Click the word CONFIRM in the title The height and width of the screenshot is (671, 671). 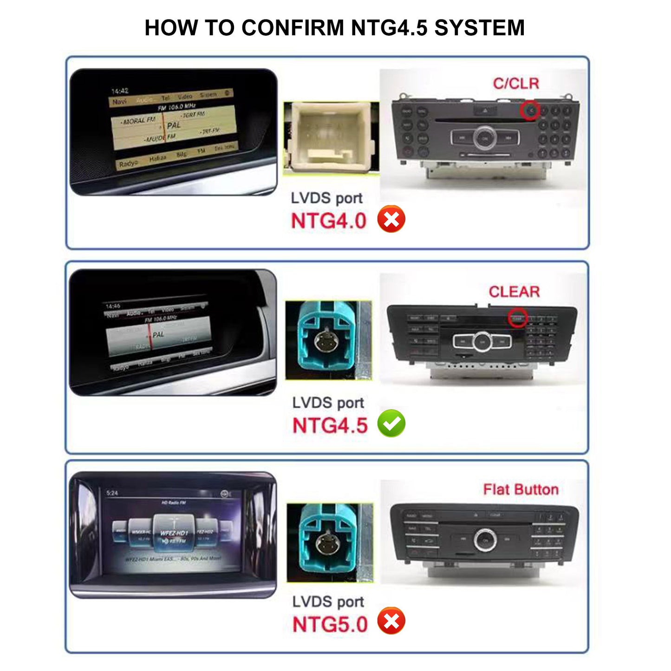(292, 28)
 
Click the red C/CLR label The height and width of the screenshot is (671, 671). (516, 84)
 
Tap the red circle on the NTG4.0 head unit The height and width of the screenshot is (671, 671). (530, 111)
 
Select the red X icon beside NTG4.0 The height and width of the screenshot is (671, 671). (391, 219)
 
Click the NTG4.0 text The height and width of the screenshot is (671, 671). (328, 221)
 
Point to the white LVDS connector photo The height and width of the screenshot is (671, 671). (331, 138)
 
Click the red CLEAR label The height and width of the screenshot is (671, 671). (514, 292)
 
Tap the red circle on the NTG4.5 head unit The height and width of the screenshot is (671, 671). (517, 318)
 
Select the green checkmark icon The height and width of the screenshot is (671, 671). (391, 423)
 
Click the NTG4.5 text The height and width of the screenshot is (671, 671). (330, 425)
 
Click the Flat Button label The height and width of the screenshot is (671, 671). (521, 489)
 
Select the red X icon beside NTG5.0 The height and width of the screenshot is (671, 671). (391, 621)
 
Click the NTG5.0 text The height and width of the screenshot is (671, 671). (330, 625)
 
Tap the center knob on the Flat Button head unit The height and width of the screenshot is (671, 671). (485, 540)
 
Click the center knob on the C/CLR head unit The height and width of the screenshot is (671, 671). (485, 137)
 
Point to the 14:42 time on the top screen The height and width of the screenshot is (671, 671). (120, 91)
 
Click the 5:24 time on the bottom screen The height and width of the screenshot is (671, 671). (112, 493)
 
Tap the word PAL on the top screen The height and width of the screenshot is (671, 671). (174, 125)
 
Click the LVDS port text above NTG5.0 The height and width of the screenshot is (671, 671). (328, 602)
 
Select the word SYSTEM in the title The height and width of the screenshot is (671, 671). (479, 28)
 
